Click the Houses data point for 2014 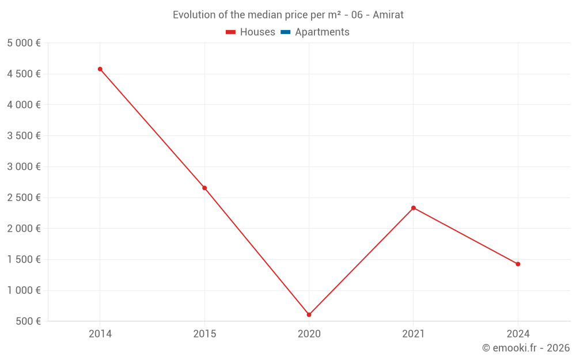(x=100, y=69)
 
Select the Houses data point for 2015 (x=204, y=188)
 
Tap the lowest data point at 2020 (x=309, y=314)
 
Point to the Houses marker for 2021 (x=414, y=208)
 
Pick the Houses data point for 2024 (x=518, y=264)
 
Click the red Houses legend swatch (x=231, y=32)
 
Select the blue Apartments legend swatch (x=285, y=32)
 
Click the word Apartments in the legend (x=322, y=32)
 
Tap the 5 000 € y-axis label (x=24, y=43)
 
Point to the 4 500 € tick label (x=24, y=74)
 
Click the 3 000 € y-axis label (x=24, y=166)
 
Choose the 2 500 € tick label (x=24, y=198)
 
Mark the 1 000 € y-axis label (x=24, y=290)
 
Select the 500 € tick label (x=27, y=321)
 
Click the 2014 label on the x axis (x=100, y=334)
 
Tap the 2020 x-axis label (x=309, y=334)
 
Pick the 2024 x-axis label (x=518, y=334)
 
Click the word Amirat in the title (x=388, y=15)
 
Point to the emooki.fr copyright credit (x=525, y=348)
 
